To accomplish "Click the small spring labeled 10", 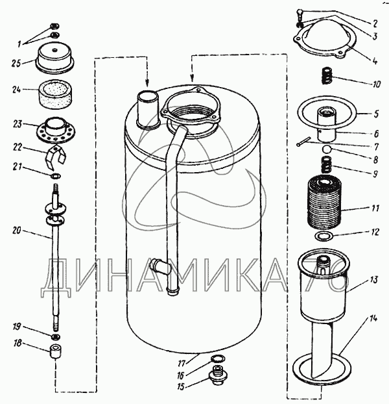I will tap(328, 79).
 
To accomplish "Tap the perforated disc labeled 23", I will tap(56, 127).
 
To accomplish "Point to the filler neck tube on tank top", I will tap(148, 109).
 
